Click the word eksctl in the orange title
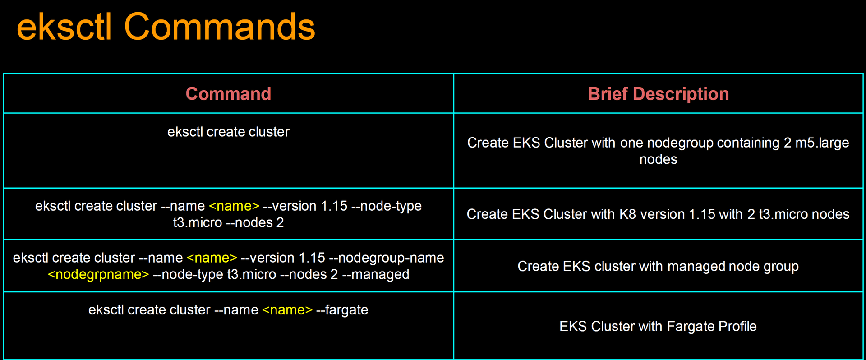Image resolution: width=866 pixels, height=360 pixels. coord(64,27)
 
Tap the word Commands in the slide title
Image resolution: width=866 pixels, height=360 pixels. coord(219,27)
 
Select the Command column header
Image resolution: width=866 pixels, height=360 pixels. coord(228,94)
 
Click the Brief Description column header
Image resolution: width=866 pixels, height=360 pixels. coord(658,94)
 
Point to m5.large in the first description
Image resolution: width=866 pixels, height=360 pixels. coord(822,143)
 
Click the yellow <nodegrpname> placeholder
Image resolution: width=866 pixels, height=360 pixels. coord(98,274)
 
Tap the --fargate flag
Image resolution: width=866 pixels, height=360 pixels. coord(342,310)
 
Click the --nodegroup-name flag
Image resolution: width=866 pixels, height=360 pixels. coord(387,258)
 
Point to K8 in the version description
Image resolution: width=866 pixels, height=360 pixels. coord(627,214)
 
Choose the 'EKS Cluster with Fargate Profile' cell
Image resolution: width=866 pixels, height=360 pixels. coord(658,326)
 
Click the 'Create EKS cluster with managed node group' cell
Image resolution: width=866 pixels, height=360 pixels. coord(658,266)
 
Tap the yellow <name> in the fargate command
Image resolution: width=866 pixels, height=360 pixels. coord(287,310)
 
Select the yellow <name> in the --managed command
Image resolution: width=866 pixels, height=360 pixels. coord(212,258)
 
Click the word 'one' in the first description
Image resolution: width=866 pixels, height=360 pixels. coord(631,143)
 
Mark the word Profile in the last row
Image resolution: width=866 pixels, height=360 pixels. coord(737,326)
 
